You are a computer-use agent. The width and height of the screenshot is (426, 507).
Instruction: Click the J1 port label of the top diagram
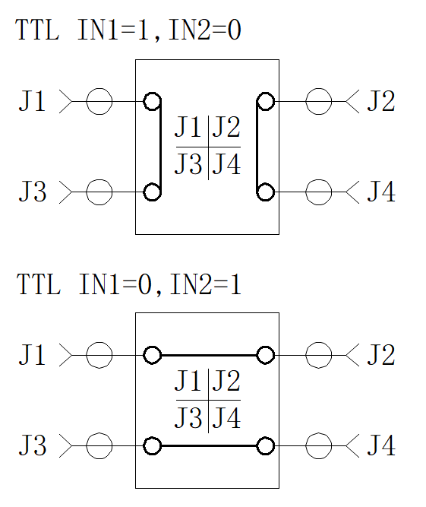(32, 101)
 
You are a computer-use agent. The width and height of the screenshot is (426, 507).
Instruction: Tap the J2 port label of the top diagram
(381, 101)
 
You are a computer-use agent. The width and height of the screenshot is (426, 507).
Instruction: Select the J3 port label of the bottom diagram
(33, 445)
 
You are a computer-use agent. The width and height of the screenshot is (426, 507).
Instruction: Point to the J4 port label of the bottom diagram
(381, 445)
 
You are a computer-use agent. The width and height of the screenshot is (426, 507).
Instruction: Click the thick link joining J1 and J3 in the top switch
(160, 147)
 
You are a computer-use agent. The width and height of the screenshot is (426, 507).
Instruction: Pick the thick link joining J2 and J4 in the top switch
(257, 147)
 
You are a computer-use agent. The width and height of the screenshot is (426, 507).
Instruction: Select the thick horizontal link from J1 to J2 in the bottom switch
(209, 355)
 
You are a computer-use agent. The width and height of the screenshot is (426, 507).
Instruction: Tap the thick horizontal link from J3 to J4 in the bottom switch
(209, 446)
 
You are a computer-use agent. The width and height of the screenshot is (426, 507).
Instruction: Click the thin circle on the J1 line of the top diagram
(99, 88)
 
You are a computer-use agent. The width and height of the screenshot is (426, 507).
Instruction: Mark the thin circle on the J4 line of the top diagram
(319, 179)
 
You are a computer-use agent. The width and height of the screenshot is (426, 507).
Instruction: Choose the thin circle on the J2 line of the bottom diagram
(319, 342)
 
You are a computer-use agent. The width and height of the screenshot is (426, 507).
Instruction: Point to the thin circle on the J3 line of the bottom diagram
(99, 433)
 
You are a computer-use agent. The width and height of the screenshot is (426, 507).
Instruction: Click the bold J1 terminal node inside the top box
(152, 93)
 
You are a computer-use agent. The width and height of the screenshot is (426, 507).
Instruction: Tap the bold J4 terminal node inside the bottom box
(266, 437)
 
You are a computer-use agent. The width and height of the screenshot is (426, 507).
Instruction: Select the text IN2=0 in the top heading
(205, 30)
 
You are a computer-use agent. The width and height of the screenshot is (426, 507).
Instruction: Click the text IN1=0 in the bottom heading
(115, 284)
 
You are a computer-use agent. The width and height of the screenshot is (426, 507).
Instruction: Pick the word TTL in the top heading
(37, 30)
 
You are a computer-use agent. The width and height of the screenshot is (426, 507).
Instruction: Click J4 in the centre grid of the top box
(226, 164)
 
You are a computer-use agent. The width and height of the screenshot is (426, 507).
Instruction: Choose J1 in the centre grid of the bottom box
(189, 380)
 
